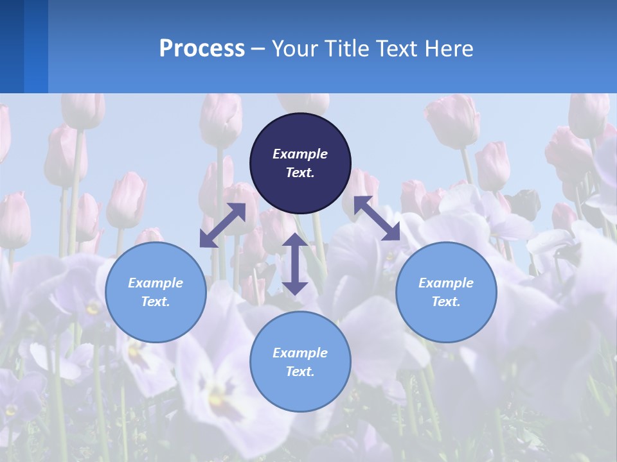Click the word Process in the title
(202, 49)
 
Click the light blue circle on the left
(156, 292)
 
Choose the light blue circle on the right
(446, 292)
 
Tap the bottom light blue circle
(300, 361)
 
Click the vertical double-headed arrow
(295, 264)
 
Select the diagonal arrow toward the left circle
(222, 225)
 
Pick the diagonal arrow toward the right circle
(377, 218)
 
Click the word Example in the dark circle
(300, 154)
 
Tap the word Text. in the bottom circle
(300, 372)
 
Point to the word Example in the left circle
(156, 283)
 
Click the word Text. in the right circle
(446, 302)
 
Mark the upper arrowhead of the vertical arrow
(295, 241)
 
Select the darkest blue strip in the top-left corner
(12, 46)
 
